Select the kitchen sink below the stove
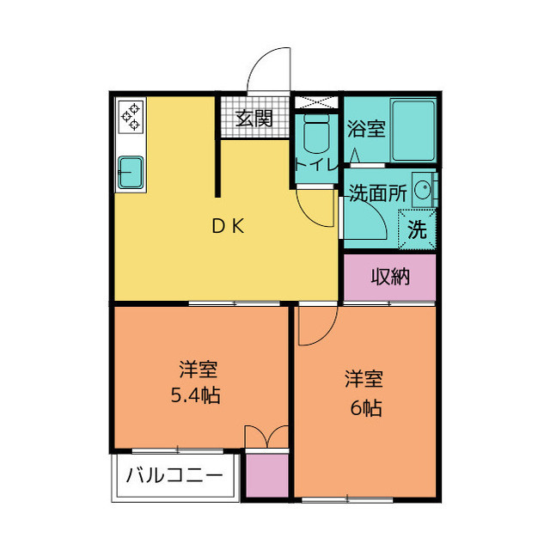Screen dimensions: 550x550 131,169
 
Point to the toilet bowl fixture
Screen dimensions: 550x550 315,134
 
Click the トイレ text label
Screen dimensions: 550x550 315,164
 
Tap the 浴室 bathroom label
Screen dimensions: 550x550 366,130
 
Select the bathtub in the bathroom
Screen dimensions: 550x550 412,130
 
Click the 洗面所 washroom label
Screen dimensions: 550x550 377,192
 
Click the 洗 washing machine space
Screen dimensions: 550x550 417,229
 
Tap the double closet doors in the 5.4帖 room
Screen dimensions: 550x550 266,436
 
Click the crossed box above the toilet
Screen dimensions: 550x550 316,101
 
